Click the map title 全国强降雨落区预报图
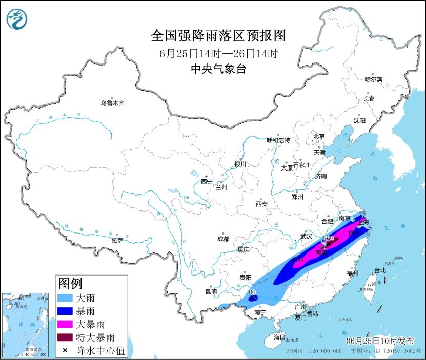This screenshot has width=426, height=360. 218,36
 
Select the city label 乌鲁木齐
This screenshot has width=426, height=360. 112,103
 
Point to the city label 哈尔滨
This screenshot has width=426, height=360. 373,79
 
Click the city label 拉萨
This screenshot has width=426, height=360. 117,240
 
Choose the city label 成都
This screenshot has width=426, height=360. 223,239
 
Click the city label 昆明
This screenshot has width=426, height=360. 211,292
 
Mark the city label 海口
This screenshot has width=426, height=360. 279,337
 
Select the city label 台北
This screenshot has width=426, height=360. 379,270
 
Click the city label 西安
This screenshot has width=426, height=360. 261,204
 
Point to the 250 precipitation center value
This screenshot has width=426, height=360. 328,239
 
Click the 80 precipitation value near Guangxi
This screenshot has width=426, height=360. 252,292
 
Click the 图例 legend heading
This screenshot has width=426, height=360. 70,283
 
